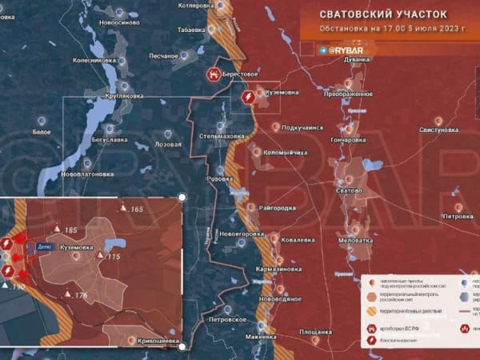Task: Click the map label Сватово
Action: point(349,190)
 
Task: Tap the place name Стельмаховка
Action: point(222,137)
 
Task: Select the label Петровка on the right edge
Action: point(458,217)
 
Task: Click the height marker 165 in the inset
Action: point(136,210)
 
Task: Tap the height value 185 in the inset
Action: point(70,230)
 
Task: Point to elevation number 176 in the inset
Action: point(80,296)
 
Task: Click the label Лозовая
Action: point(167,145)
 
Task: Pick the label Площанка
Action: point(315,331)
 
